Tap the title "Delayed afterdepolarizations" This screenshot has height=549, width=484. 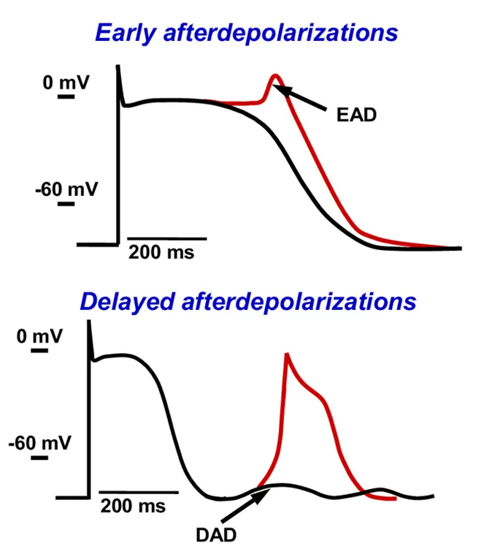pos(247,301)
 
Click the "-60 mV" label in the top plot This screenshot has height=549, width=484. pos(65,189)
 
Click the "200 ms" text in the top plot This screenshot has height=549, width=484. pos(162,252)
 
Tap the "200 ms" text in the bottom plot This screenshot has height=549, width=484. pos(133,505)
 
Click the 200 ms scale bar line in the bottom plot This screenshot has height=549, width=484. pos(139,492)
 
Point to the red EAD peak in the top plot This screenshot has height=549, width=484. pos(275,75)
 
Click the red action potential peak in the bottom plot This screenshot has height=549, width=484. pos(287,355)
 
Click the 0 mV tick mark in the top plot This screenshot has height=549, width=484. pos(66,96)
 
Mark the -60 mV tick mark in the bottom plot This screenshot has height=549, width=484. pos(39,458)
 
